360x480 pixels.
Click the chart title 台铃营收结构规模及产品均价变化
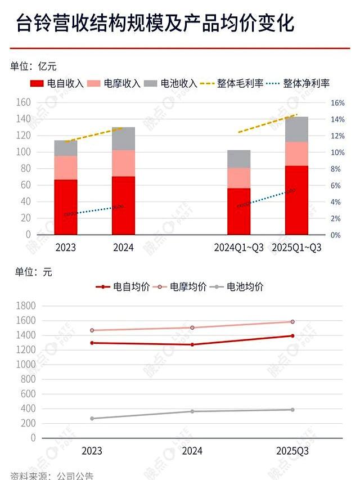[x=155, y=24]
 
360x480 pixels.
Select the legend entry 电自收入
[x=58, y=83]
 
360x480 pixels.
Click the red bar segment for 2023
[x=66, y=207]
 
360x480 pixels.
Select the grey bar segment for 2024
[x=123, y=138]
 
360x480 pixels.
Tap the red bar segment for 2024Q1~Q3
[x=238, y=211]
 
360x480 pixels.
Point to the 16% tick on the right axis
[x=337, y=103]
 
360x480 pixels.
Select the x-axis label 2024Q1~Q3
[x=238, y=248]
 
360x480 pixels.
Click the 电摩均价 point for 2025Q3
[x=292, y=322]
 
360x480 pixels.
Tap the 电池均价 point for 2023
[x=92, y=418]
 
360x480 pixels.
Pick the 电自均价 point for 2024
[x=192, y=344]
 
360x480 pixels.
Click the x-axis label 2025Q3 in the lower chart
[x=292, y=451]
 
